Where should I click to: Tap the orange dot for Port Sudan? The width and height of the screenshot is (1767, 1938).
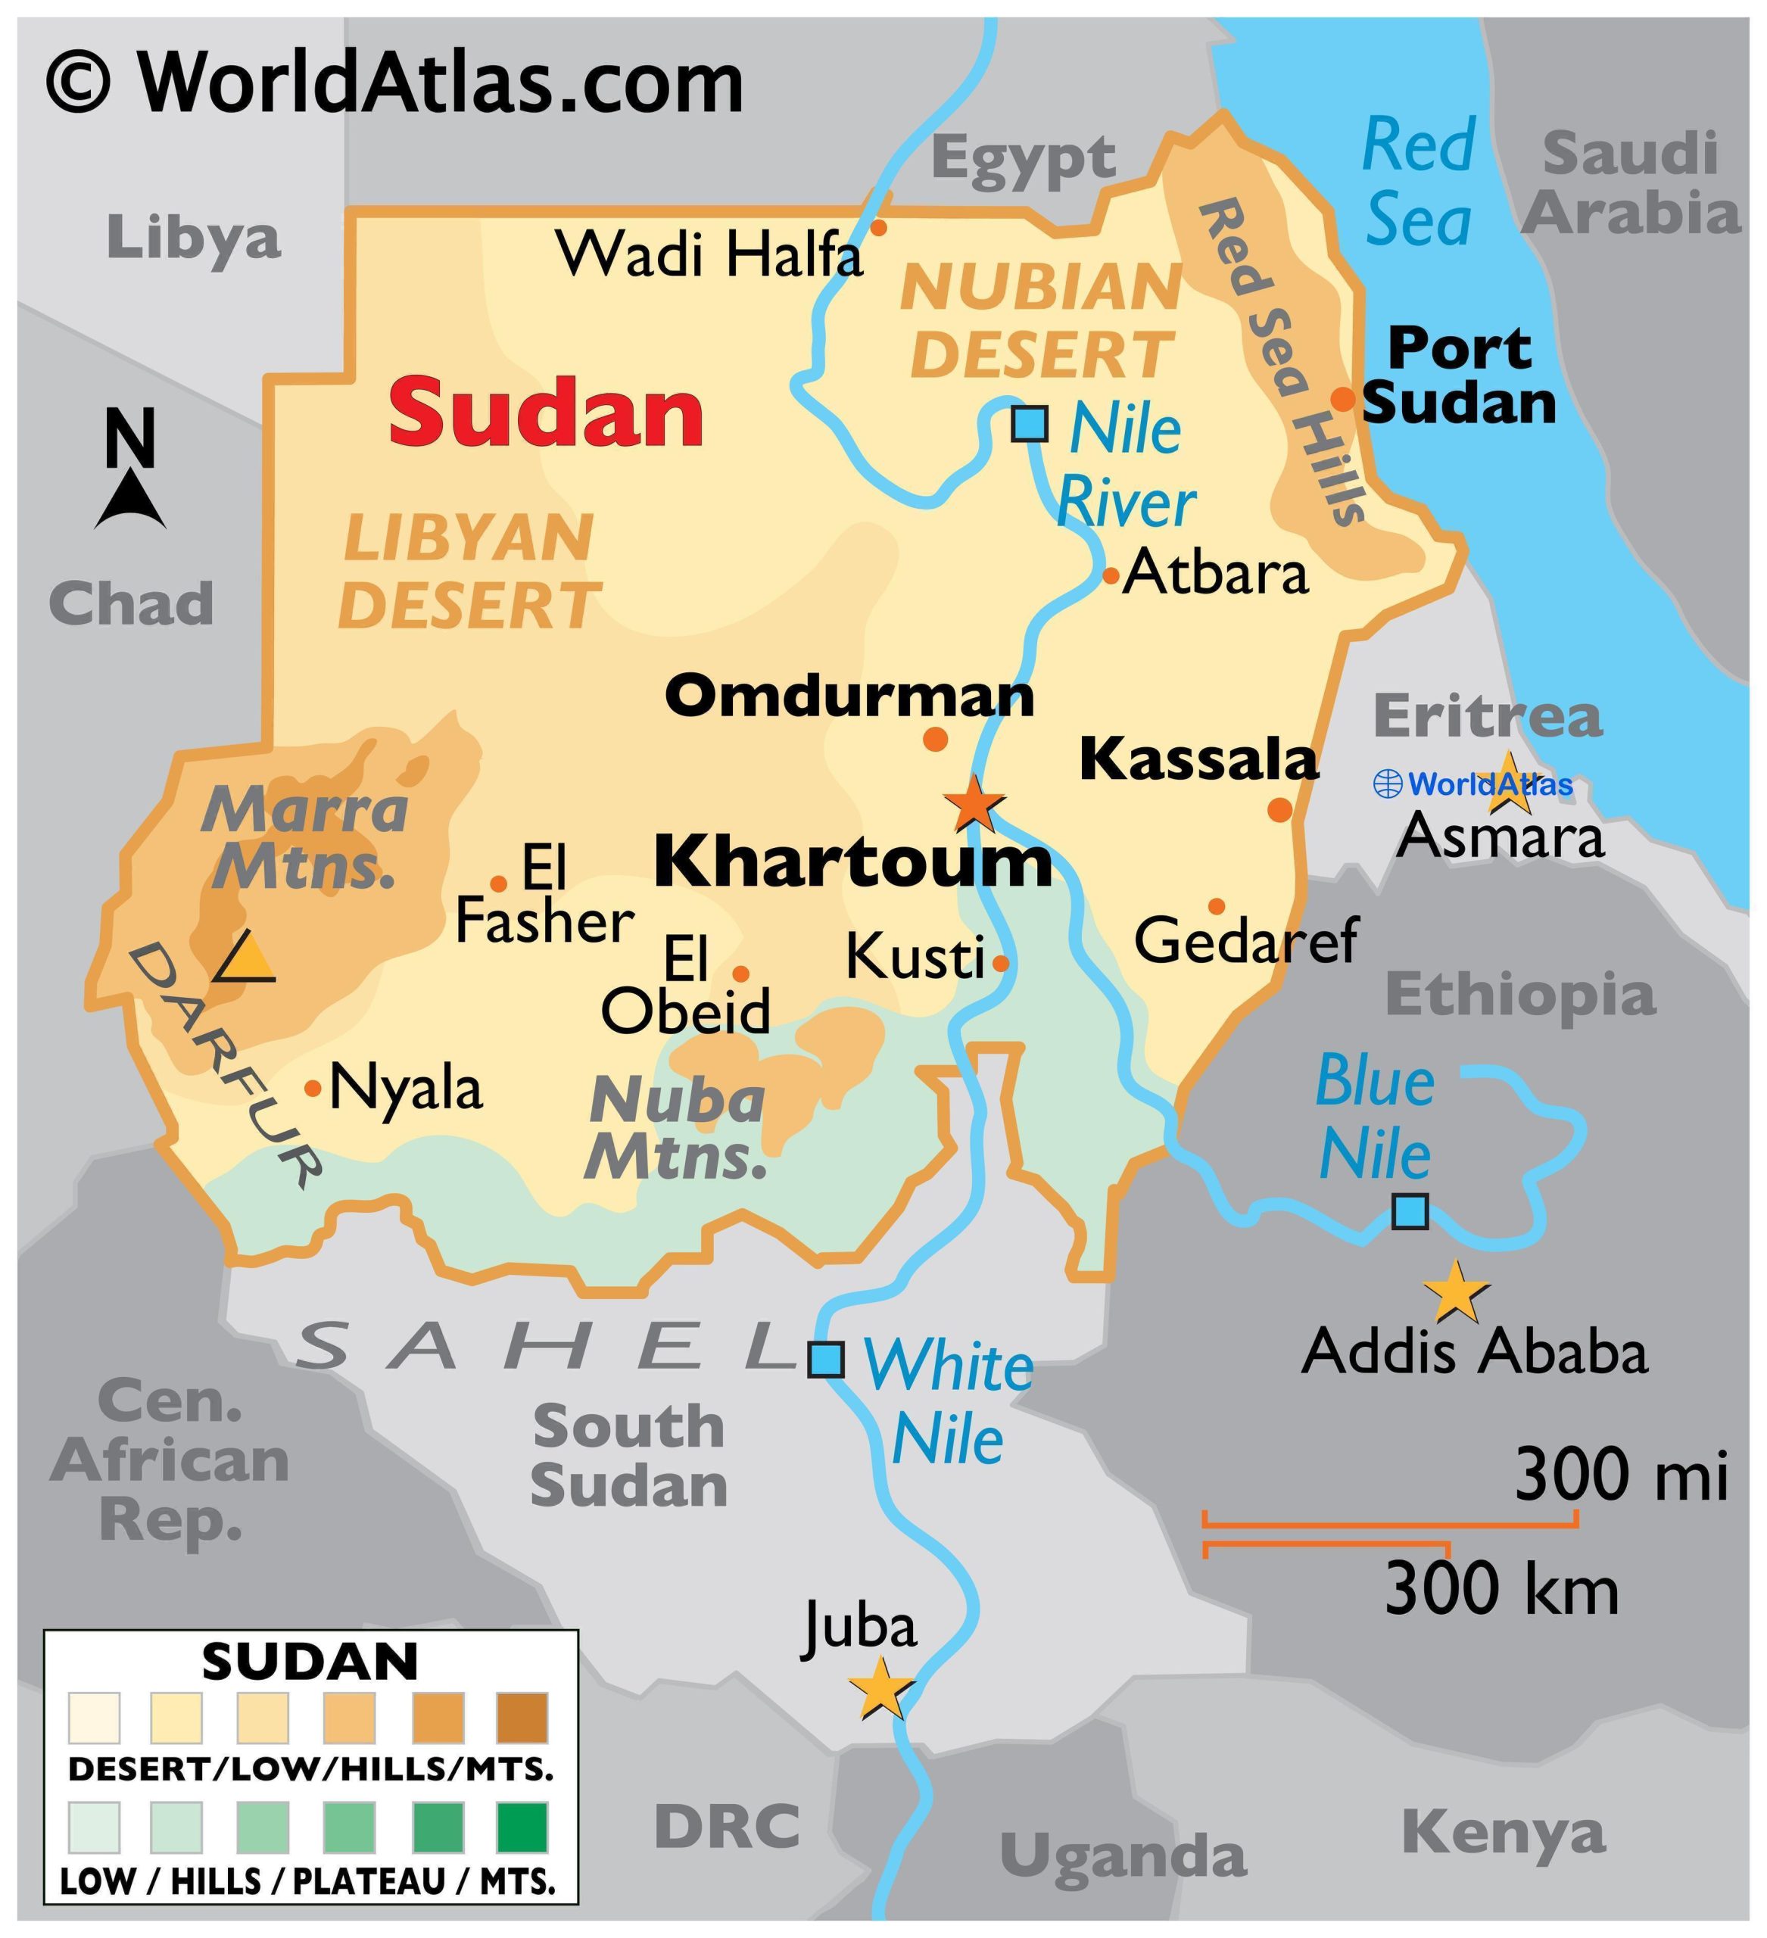coord(1342,399)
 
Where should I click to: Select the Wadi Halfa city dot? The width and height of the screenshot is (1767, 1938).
coord(877,228)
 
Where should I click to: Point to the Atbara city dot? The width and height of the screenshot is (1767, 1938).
coord(1111,576)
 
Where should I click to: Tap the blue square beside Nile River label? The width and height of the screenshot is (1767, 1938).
coord(1030,423)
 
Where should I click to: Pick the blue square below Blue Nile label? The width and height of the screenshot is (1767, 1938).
coord(1410,1211)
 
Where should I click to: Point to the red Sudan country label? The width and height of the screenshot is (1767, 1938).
coord(546,413)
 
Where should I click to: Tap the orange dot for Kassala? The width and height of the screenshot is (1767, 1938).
coord(1279,809)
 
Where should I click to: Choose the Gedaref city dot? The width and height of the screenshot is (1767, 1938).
coord(1216,905)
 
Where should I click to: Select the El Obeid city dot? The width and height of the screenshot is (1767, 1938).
coord(740,974)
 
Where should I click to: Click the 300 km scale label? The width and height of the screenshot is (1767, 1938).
coord(1501,1589)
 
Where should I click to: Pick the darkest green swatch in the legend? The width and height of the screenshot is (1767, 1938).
coord(522,1827)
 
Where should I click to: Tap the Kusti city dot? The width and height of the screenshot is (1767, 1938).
coord(1000,962)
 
